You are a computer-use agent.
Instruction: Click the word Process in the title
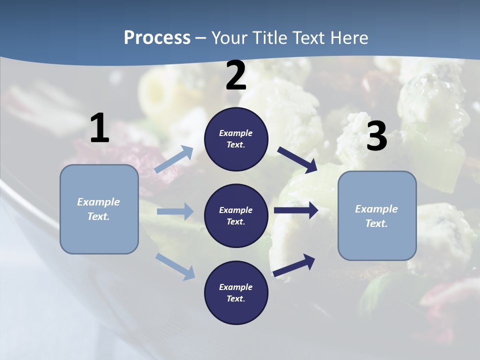[x=157, y=38]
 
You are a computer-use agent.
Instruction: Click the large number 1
[x=99, y=128]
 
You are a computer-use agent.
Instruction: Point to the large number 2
[x=236, y=76]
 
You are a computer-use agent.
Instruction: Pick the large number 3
[x=376, y=136]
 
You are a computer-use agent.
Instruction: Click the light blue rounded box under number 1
[x=99, y=209]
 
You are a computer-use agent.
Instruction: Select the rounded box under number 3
[x=377, y=215]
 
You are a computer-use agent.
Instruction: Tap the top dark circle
[x=236, y=139]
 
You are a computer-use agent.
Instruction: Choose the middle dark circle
[x=236, y=215]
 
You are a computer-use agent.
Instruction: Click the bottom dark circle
[x=236, y=292]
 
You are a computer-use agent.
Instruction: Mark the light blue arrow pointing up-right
[x=174, y=159]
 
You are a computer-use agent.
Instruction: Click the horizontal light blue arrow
[x=175, y=211]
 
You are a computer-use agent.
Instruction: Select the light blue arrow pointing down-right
[x=175, y=266]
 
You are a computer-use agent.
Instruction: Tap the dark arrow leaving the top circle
[x=297, y=159]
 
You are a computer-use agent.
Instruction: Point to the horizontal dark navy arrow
[x=296, y=210]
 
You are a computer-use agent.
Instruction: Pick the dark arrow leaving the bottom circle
[x=294, y=265]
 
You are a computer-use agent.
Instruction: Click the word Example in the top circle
[x=236, y=133]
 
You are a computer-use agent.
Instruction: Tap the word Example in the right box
[x=376, y=209]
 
